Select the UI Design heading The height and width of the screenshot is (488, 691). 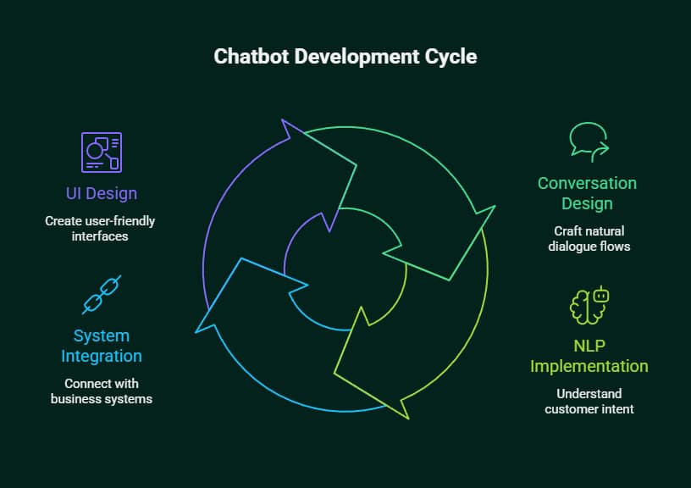click(102, 193)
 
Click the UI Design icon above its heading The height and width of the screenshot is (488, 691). click(101, 152)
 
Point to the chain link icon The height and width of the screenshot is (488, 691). click(101, 294)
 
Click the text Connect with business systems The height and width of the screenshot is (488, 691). click(102, 391)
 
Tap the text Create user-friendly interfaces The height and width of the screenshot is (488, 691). click(100, 229)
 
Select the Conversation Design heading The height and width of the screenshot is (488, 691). click(587, 193)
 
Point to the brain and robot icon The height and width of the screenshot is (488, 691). click(589, 305)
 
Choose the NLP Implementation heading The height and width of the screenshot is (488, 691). click(589, 356)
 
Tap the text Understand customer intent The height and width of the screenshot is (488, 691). click(589, 402)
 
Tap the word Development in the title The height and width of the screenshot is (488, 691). click(351, 57)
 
